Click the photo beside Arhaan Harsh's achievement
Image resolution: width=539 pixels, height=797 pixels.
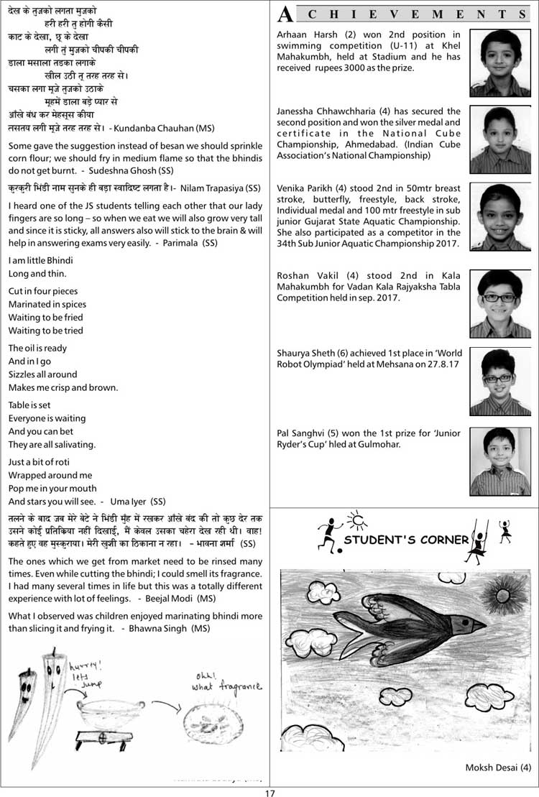pos(499,63)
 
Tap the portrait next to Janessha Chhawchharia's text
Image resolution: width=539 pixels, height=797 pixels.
pos(499,139)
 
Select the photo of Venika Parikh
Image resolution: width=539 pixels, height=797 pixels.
pos(499,216)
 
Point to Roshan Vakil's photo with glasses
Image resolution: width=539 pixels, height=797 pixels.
pos(499,303)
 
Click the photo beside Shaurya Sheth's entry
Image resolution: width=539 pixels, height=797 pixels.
pos(499,382)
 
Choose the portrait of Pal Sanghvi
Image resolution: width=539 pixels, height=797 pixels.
pos(499,461)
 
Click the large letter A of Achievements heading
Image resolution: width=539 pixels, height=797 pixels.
pos(285,14)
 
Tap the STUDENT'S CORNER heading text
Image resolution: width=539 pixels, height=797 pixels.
pos(405,539)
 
